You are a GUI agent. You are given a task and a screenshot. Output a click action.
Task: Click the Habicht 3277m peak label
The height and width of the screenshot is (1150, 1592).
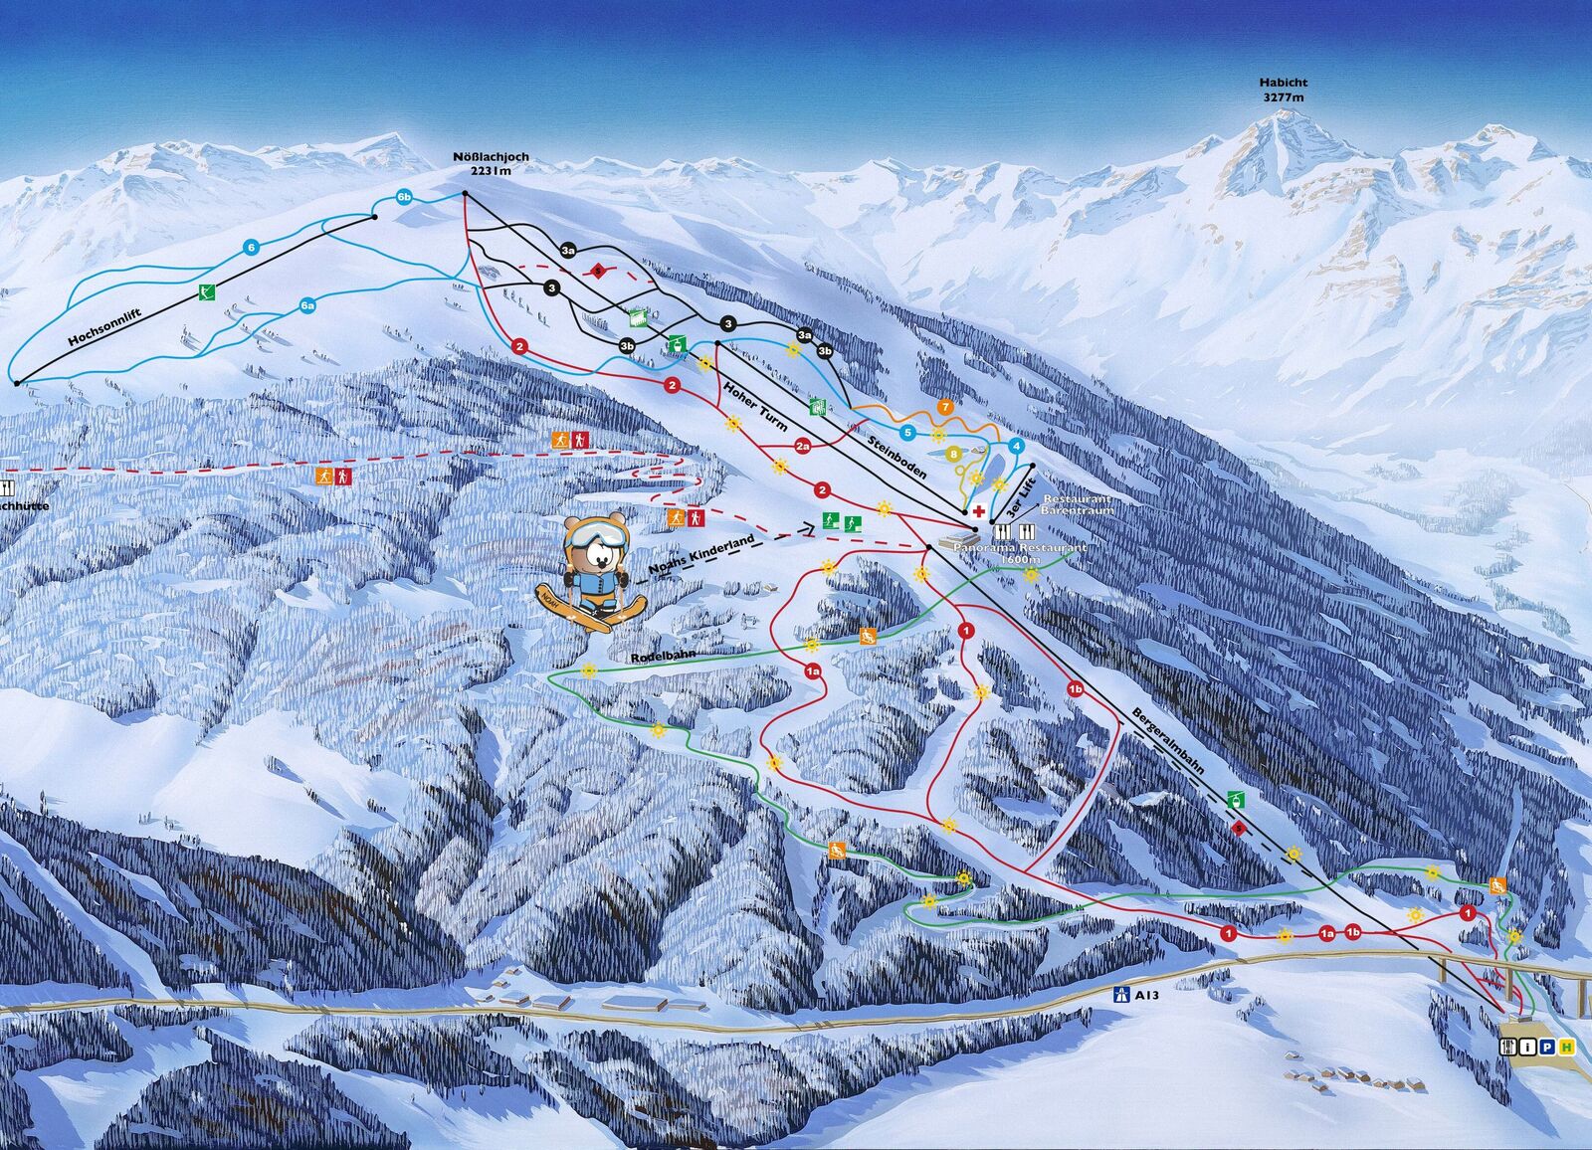1283,91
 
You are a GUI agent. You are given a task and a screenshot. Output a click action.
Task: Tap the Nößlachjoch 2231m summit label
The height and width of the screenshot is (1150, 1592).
490,163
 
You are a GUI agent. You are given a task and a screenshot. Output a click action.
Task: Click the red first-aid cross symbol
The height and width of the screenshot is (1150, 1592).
980,511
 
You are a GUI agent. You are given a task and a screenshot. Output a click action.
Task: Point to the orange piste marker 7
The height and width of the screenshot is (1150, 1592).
945,407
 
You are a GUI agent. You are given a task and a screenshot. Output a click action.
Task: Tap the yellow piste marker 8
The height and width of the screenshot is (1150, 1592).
954,454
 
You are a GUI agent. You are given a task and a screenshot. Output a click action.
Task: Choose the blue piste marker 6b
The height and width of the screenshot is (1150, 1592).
404,196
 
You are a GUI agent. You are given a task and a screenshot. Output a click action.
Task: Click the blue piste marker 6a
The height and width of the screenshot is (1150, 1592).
307,305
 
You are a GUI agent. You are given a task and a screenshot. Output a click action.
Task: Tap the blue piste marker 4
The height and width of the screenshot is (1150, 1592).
1016,446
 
